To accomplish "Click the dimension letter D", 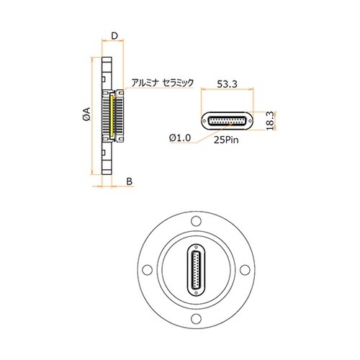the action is pos(114,36).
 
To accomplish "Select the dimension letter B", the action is pos(130,181).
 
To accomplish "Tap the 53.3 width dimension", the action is pos(227,84).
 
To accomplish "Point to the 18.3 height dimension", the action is pos(270,121).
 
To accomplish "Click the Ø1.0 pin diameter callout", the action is pos(180,138).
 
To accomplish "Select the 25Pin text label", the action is pos(226,140).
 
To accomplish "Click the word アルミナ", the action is pos(145,83).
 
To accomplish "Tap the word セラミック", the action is pos(178,83).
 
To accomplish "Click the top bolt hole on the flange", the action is pos(196,221).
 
